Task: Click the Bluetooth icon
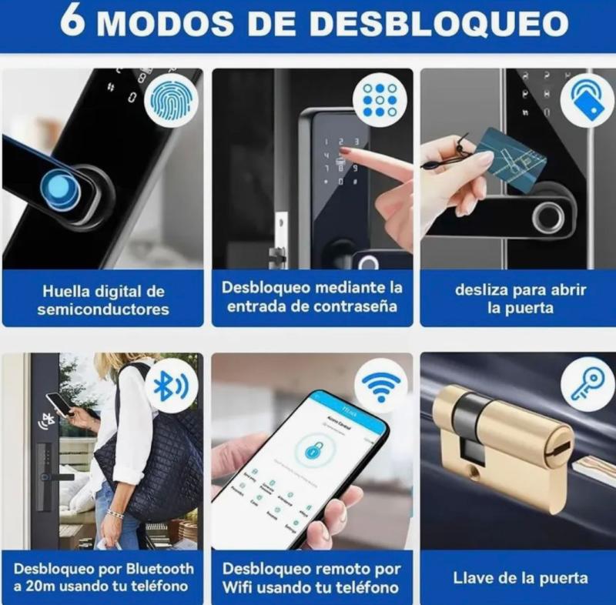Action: (170, 385)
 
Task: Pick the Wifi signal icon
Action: (380, 383)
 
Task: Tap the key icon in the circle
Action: (587, 383)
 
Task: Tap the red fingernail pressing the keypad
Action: (345, 151)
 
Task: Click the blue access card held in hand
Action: (511, 159)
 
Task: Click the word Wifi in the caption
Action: (238, 588)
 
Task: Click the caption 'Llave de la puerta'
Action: (521, 578)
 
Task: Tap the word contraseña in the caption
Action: (355, 306)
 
